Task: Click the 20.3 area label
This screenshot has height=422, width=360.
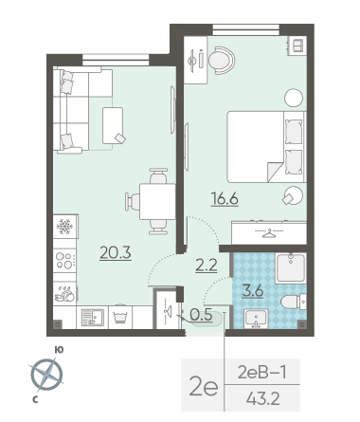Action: (116, 252)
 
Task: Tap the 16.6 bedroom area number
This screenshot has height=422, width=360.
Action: (225, 199)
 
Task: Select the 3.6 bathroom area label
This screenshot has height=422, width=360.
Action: (253, 290)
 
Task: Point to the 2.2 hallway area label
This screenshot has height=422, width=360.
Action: (207, 265)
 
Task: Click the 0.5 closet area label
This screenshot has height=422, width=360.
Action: (201, 315)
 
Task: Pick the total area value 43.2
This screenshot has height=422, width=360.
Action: (263, 399)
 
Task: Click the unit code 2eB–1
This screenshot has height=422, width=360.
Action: (262, 373)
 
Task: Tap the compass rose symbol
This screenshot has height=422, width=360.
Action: (47, 375)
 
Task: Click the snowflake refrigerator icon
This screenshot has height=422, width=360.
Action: (64, 227)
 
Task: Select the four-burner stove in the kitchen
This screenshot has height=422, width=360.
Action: (64, 260)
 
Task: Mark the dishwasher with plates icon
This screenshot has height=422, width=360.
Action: (64, 294)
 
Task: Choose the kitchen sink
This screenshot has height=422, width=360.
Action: (92, 318)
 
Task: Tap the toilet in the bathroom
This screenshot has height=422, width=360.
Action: (294, 302)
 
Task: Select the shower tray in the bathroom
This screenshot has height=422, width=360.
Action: (290, 268)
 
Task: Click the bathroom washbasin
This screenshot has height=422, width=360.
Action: (256, 319)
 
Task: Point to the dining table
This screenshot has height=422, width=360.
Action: (157, 201)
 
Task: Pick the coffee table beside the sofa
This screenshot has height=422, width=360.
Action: (113, 125)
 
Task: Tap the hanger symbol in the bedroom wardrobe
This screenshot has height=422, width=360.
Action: (269, 233)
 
